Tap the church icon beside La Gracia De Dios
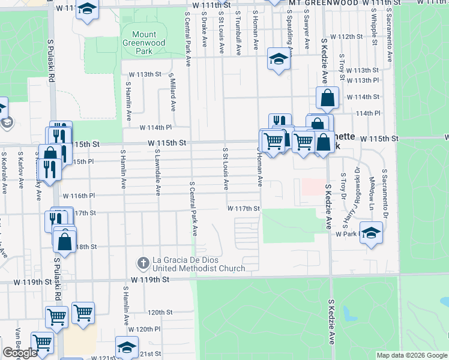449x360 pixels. pyautogui.click(x=143, y=262)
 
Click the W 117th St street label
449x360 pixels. pyautogui.click(x=243, y=208)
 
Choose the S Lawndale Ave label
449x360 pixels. pyautogui.click(x=157, y=173)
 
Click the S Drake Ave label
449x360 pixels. pyautogui.click(x=205, y=30)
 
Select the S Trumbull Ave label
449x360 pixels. pyautogui.click(x=238, y=30)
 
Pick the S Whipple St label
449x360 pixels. pyautogui.click(x=373, y=27)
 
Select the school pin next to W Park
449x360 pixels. pyautogui.click(x=372, y=233)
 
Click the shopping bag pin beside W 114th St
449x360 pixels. pyautogui.click(x=327, y=98)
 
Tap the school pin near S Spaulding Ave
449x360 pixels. pyautogui.click(x=279, y=59)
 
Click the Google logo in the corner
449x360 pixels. pyautogui.click(x=20, y=353)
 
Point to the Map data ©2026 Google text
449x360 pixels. pyautogui.click(x=412, y=355)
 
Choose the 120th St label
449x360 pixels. pyautogui.click(x=160, y=313)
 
